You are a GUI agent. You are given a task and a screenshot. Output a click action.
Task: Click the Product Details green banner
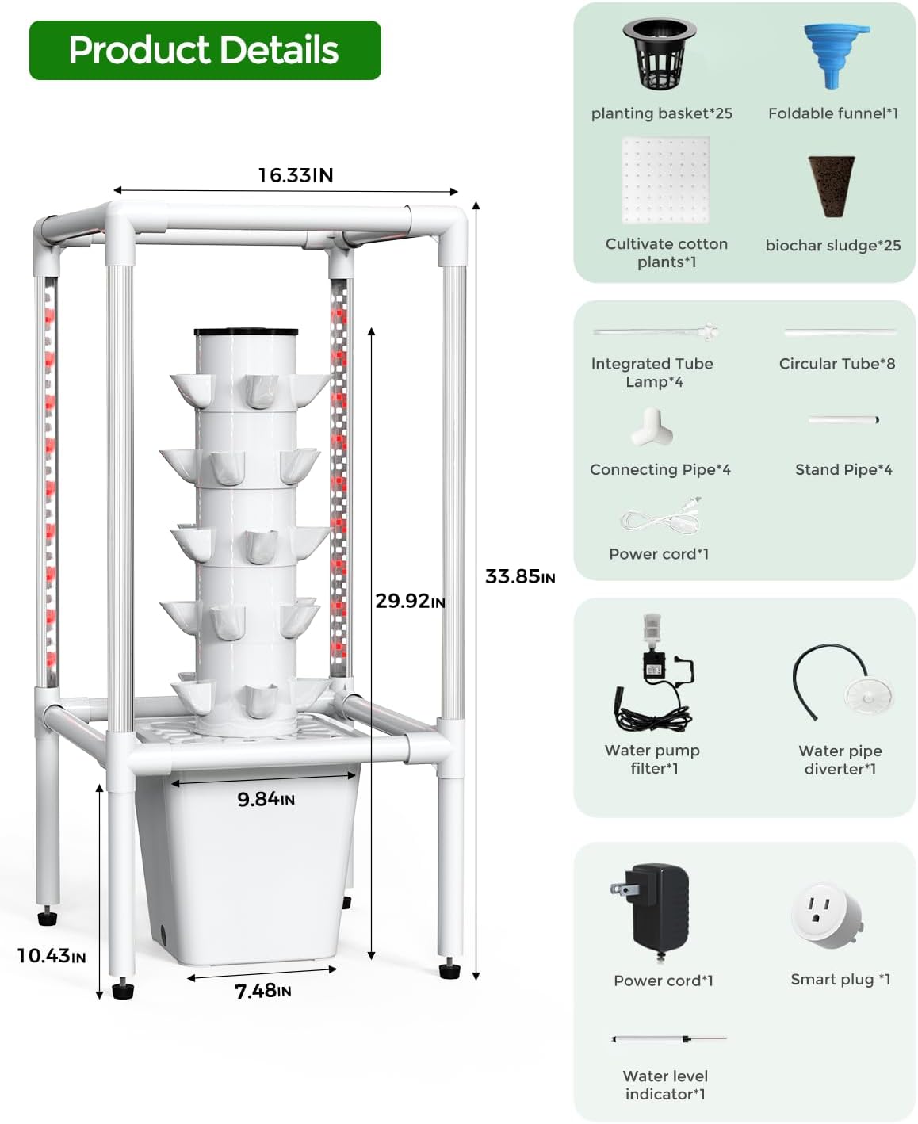(x=205, y=50)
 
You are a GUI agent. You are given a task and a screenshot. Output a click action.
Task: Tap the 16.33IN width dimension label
(x=295, y=175)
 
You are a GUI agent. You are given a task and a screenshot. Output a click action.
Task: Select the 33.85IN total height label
(x=519, y=576)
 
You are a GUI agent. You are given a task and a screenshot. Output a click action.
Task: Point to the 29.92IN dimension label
(x=409, y=601)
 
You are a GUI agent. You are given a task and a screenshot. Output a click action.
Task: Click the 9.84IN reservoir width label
(x=266, y=799)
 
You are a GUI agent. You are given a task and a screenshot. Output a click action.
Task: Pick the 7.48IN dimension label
(x=262, y=991)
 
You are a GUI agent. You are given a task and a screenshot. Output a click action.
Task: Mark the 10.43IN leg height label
(x=51, y=956)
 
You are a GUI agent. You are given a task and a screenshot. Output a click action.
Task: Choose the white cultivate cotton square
(x=666, y=180)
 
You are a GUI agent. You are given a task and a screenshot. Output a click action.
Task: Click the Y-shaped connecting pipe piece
(x=652, y=427)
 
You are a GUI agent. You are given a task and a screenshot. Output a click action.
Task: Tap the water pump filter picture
(x=654, y=674)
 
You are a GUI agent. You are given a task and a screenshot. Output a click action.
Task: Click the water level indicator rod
(x=667, y=1038)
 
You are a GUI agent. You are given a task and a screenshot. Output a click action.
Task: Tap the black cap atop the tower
(x=246, y=332)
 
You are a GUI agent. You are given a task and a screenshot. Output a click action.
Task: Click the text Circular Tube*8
(x=836, y=364)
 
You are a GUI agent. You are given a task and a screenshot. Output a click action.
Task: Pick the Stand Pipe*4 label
(x=843, y=470)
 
